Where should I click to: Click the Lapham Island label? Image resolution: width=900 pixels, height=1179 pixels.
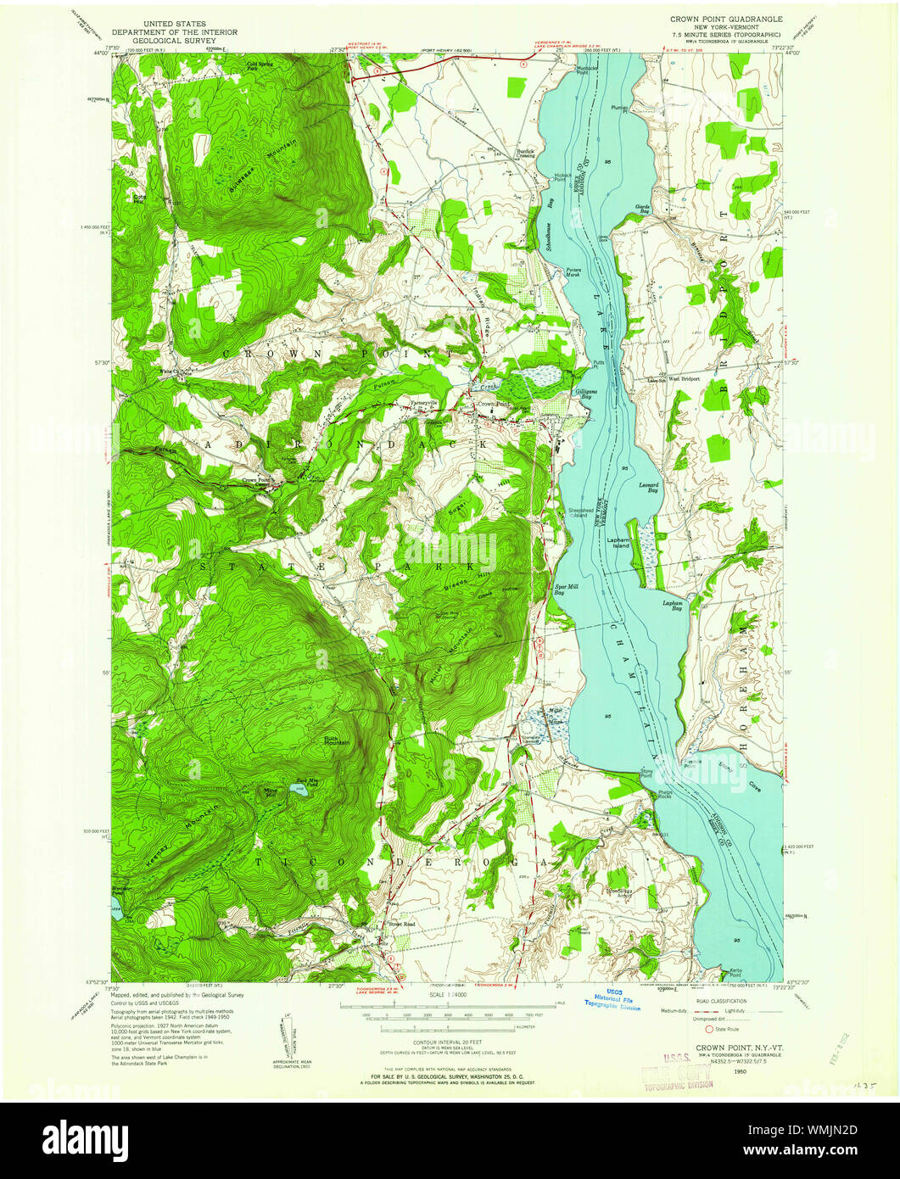(618, 542)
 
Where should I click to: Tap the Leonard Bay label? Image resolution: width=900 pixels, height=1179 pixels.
(648, 488)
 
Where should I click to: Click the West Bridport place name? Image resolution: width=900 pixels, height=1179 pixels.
(685, 379)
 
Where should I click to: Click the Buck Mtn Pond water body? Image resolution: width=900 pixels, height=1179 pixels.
(299, 791)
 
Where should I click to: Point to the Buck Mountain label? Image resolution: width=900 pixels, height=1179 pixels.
(337, 740)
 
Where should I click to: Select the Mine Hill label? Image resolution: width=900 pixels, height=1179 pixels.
(271, 791)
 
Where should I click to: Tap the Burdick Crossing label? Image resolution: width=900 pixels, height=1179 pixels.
(526, 154)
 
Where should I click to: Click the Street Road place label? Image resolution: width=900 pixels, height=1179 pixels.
(401, 925)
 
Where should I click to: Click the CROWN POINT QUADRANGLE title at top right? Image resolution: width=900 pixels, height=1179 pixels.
(727, 18)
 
